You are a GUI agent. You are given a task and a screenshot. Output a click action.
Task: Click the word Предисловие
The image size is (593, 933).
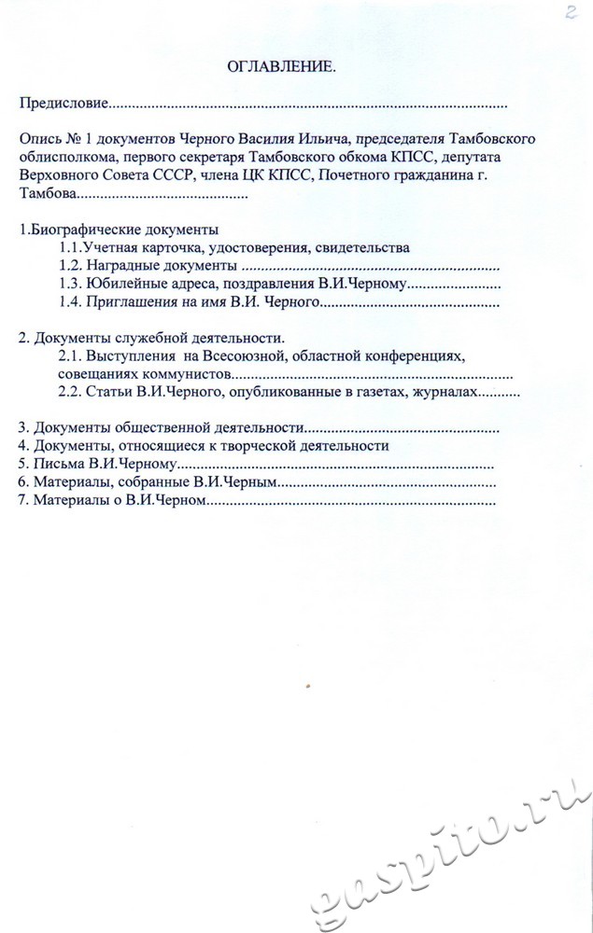click(x=64, y=104)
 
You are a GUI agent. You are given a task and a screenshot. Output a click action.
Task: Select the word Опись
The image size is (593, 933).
click(x=39, y=139)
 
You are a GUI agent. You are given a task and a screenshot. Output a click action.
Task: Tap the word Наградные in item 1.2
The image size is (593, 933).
click(x=118, y=267)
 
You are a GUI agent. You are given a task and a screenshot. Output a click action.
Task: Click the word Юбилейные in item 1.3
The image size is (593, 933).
click(x=121, y=285)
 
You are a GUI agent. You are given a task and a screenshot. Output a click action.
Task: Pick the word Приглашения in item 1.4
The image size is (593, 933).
click(x=126, y=302)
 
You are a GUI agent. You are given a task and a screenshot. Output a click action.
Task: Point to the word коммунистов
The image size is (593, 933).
click(x=187, y=374)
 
